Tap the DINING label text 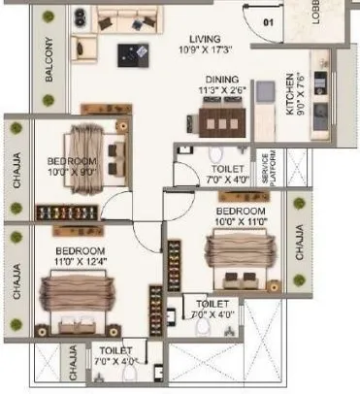tap(221, 82)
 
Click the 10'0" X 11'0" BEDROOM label tap(241, 211)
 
